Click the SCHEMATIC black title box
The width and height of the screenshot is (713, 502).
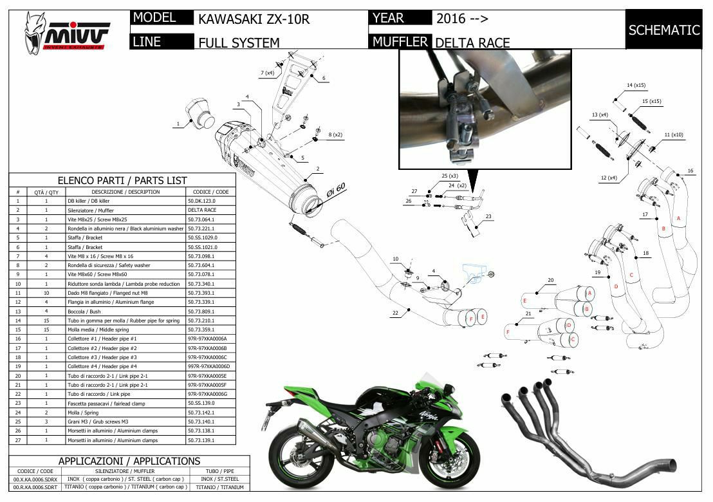point(663,30)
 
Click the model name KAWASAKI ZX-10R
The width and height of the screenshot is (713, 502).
point(254,19)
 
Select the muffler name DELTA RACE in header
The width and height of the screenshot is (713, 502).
point(472,43)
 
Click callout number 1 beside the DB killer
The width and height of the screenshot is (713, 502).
point(178,123)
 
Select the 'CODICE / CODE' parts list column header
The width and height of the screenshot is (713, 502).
point(210,192)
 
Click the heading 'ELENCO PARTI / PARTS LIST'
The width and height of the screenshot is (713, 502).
point(122,180)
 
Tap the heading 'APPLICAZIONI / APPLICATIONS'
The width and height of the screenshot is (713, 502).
point(129,461)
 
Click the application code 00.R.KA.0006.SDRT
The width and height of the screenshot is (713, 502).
point(35,487)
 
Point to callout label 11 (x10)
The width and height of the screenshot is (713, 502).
point(673,135)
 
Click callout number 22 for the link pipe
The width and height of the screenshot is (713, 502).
point(395,313)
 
